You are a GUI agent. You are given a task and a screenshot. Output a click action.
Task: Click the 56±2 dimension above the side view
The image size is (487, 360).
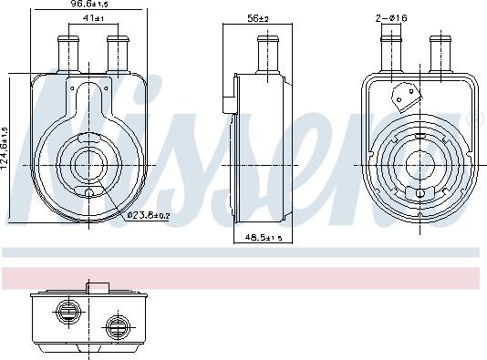coord(257,19)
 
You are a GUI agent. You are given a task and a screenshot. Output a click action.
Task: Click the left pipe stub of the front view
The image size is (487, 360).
coord(69,53)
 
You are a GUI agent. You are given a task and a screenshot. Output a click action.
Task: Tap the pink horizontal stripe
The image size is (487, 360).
coord(243,276)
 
